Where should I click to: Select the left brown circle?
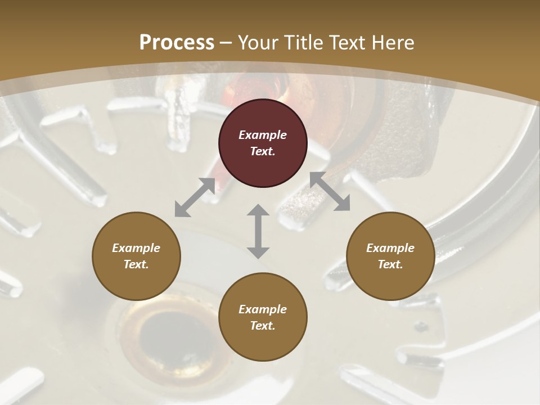pos(136,256)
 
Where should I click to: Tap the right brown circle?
pos(390,256)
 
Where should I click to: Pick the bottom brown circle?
pos(263,317)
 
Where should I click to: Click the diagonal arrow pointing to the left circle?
pos(195,197)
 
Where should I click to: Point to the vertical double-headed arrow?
pos(258,231)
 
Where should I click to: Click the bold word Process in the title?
pos(177,42)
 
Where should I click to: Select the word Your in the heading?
pos(255,42)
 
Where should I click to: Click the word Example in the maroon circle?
pos(263,135)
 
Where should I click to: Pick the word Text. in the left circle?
pos(136,264)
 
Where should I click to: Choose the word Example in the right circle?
pos(390,248)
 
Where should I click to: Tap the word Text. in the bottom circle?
pos(263,326)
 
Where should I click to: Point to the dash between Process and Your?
pos(226,43)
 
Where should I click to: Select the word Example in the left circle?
pos(136,248)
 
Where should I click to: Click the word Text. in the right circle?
pos(390,264)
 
